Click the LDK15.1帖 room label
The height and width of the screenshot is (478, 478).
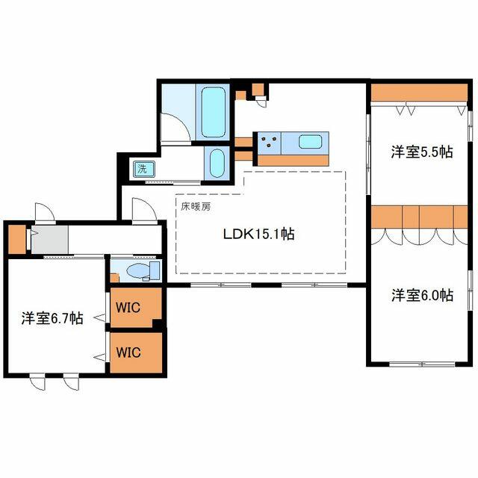(259, 234)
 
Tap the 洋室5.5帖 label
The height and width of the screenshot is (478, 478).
(422, 152)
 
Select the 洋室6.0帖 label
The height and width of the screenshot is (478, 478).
(422, 295)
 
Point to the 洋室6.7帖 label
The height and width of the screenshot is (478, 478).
(52, 318)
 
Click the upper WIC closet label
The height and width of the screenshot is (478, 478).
(128, 307)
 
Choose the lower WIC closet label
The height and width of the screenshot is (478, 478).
(128, 353)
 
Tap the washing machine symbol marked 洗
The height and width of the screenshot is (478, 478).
(143, 170)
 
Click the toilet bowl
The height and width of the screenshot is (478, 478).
(138, 270)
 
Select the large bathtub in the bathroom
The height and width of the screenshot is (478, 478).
(213, 112)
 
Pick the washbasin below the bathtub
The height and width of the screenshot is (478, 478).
(217, 163)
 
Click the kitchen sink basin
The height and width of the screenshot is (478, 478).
(310, 142)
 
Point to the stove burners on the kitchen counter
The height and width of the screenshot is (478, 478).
(269, 143)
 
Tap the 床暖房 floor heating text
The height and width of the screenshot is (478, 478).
(196, 207)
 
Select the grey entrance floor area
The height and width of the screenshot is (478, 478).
(50, 240)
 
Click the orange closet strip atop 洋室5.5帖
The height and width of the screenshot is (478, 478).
(419, 93)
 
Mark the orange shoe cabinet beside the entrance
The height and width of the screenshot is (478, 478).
(16, 239)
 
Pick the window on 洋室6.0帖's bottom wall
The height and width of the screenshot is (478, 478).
(422, 364)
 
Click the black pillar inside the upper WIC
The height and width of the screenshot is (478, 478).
(157, 323)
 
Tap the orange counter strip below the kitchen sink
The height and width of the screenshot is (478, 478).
(293, 161)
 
